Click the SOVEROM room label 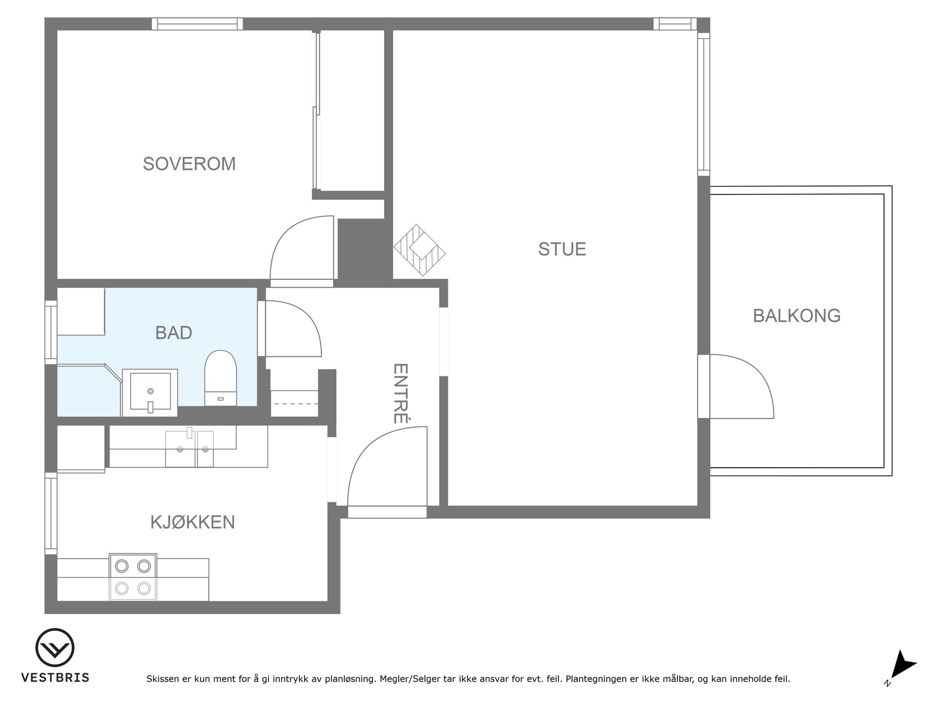coord(189,164)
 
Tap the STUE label coord(562,249)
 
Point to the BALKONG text coord(796,316)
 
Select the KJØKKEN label coord(192,522)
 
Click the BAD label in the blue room coord(173,333)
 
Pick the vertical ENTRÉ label coord(400,393)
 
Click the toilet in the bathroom coord(221,378)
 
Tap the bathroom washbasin coord(150,393)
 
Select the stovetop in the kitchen coord(133,577)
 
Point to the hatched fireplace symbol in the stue coord(420,250)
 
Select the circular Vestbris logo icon coord(55,647)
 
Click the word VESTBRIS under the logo coord(55,678)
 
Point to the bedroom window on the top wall coord(197,24)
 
